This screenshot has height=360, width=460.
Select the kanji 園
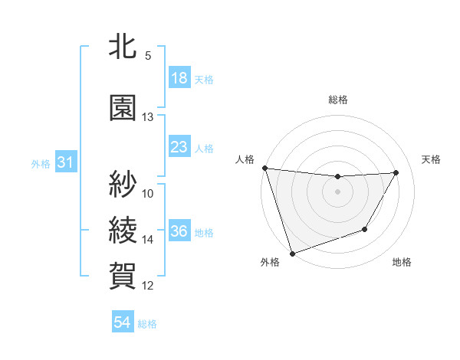[x=123, y=107]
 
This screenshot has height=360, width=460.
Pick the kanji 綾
[x=123, y=229]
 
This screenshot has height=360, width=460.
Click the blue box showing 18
[x=179, y=78]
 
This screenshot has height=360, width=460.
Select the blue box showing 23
[x=179, y=147]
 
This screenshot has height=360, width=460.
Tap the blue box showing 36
[x=179, y=232]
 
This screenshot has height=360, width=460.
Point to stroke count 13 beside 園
[x=148, y=117]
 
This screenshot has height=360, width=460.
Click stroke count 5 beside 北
[x=148, y=56]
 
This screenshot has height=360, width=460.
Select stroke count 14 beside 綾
[x=148, y=240]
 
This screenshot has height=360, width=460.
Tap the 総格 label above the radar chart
[x=338, y=100]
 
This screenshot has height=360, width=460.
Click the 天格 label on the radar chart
[x=432, y=159]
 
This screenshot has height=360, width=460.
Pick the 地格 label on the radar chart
[x=402, y=263]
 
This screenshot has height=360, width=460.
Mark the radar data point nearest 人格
[x=264, y=168]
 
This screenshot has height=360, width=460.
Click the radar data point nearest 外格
[x=292, y=253]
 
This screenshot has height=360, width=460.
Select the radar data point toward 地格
[x=365, y=229]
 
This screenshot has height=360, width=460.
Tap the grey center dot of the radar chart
[x=337, y=191]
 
